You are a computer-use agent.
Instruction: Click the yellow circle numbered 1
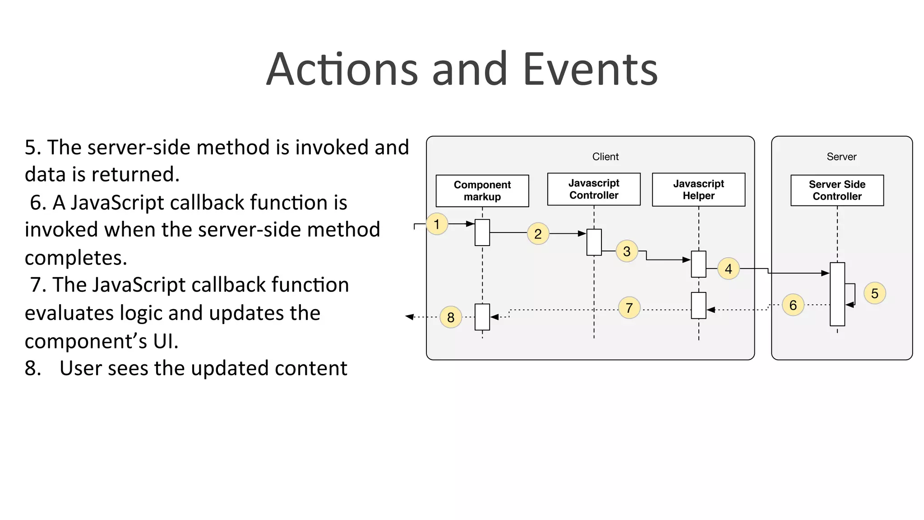[x=437, y=224]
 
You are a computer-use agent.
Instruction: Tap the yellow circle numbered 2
[x=538, y=234]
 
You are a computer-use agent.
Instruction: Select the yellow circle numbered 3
[x=627, y=251]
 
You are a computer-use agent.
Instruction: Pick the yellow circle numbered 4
[x=728, y=269]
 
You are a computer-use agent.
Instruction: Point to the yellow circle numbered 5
[x=874, y=293]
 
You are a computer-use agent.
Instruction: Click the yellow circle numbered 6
[x=793, y=305]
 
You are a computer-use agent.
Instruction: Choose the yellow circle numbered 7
[x=629, y=308]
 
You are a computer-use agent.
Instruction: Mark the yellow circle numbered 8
[x=450, y=317]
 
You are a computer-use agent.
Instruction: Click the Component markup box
[x=482, y=191]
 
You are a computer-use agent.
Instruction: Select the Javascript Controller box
[x=594, y=189]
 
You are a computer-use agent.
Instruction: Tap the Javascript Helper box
[x=698, y=190]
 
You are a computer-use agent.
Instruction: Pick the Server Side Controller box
[x=837, y=190]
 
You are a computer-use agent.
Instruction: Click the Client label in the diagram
[x=605, y=157]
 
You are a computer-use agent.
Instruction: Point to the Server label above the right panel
[x=841, y=157]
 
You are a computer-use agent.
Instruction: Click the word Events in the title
[x=590, y=70]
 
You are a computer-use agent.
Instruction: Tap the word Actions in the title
[x=342, y=70]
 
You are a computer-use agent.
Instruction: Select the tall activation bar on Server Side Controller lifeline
[x=837, y=294]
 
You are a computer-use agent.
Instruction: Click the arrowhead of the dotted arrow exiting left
[x=410, y=317]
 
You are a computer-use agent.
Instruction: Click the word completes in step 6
[x=76, y=258]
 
